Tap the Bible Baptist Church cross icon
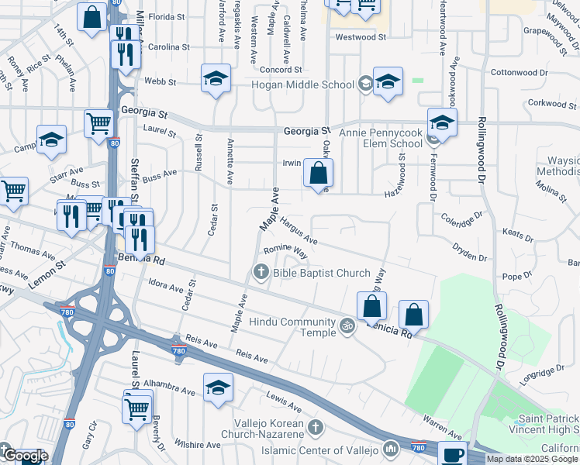[261, 272]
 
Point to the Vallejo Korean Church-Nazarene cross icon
[315, 427]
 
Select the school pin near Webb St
[216, 78]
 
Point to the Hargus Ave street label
[299, 230]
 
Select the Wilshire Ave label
[198, 445]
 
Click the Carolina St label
[169, 47]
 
